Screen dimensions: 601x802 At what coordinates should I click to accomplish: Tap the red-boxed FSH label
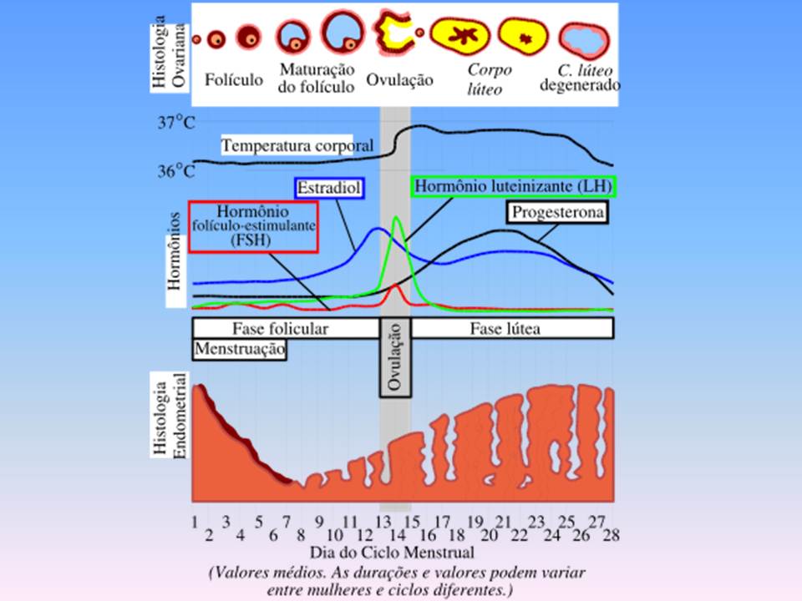(253, 225)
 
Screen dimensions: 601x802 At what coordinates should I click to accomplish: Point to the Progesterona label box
(556, 213)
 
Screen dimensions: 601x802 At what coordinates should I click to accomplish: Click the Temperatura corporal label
(285, 145)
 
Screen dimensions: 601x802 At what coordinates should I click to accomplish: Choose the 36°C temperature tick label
(177, 172)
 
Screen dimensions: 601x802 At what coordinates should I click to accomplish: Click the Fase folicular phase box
(281, 328)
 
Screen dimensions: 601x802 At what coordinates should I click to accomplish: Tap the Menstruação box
(241, 348)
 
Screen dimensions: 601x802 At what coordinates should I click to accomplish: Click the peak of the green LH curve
(396, 219)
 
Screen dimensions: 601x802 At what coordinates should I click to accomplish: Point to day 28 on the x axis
(613, 534)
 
